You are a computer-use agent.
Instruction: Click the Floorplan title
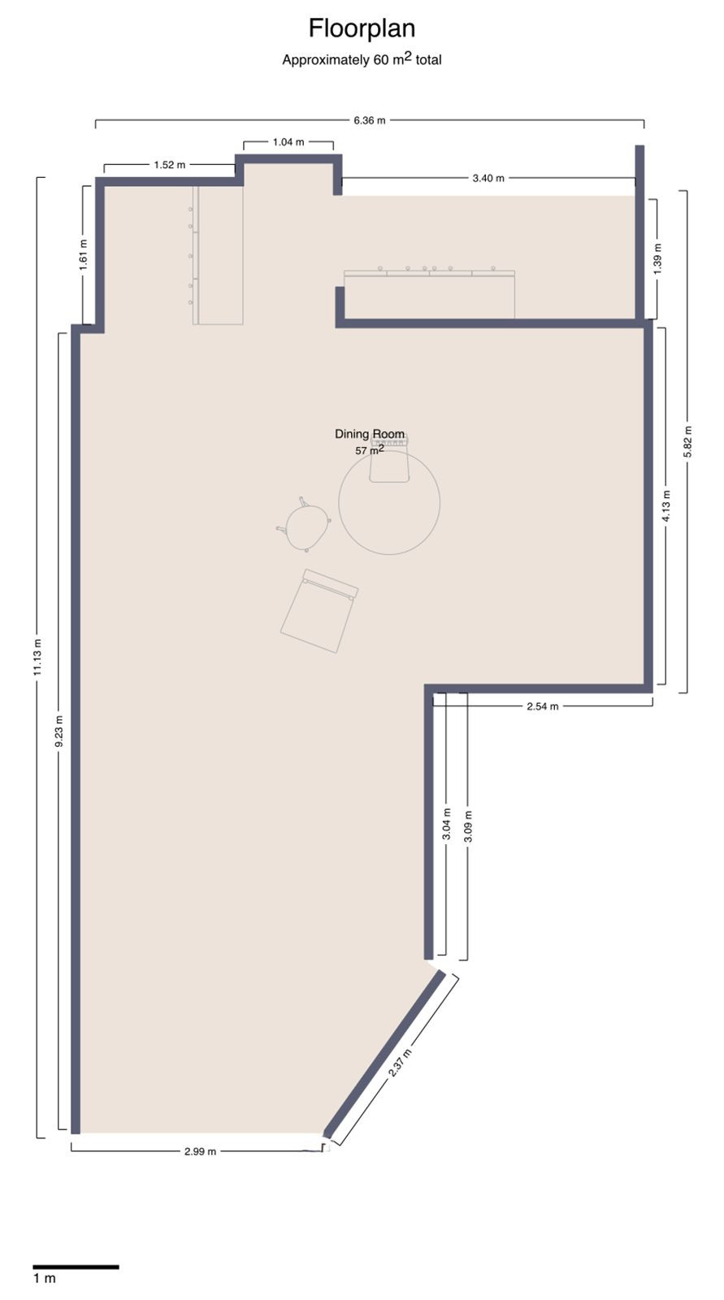click(362, 28)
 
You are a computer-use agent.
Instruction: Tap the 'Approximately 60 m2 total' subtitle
click(362, 59)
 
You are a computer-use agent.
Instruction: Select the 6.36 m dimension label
click(369, 120)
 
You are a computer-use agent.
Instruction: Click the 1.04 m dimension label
click(288, 142)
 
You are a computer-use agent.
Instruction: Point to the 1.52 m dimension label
click(169, 165)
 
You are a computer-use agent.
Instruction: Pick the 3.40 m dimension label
click(488, 178)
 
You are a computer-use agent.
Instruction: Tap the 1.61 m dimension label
click(83, 253)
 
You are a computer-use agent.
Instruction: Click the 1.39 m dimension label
click(657, 258)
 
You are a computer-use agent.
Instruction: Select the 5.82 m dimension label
click(687, 441)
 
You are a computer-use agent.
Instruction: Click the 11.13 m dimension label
click(37, 657)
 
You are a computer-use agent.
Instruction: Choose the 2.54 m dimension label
click(542, 706)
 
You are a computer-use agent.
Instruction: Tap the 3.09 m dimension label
click(467, 826)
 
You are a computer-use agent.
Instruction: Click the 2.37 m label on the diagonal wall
click(400, 1062)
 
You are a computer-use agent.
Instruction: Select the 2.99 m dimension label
click(200, 1151)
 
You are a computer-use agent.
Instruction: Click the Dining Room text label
click(370, 434)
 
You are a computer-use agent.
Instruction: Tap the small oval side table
click(306, 526)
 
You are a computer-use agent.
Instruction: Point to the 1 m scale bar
click(76, 1267)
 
